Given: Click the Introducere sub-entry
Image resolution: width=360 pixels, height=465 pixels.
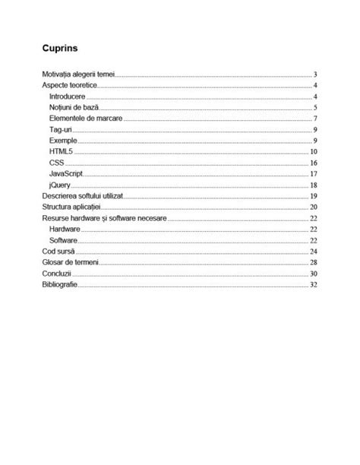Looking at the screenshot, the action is pos(68,98).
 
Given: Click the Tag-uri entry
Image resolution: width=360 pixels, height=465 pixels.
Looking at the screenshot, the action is pos(61,131).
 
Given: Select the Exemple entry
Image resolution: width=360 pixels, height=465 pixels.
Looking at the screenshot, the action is pos(62,141).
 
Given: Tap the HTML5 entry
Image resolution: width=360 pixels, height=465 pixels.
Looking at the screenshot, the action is pos(61,152).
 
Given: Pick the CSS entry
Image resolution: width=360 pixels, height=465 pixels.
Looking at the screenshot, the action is pos(56,163).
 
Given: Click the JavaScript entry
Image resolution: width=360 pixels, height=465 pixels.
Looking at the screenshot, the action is pos(65,174).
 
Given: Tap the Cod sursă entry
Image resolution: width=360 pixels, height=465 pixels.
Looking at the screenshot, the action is pos(59,251).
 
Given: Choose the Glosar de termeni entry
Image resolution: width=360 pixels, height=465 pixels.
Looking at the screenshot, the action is pos(71,261).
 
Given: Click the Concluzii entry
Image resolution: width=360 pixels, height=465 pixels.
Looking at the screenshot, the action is pos(58,273).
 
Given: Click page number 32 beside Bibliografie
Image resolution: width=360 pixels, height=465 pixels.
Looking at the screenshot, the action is pos(313,283).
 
